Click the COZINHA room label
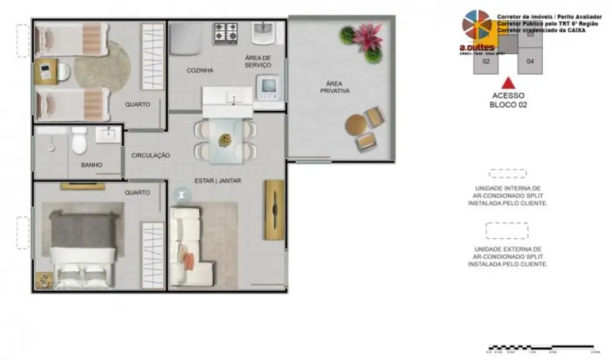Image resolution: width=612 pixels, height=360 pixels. (x=200, y=70)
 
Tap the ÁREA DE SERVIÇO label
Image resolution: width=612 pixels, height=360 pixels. (x=258, y=61)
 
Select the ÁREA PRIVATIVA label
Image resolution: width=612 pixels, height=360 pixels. (x=335, y=87)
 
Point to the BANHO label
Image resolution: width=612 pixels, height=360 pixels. (x=91, y=164)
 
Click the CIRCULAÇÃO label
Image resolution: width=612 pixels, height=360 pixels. (x=151, y=156)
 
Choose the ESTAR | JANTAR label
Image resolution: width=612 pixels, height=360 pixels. (x=218, y=181)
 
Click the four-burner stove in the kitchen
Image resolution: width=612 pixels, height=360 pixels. (x=226, y=33)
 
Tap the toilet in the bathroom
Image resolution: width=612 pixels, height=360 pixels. (x=79, y=142)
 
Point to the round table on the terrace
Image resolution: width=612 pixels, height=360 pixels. (x=356, y=125)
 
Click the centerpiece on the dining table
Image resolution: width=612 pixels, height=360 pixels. (x=225, y=139)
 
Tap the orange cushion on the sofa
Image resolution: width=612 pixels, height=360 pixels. (x=189, y=259)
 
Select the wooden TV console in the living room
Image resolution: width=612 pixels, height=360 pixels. (x=274, y=210)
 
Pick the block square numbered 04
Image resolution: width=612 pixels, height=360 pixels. (x=530, y=61)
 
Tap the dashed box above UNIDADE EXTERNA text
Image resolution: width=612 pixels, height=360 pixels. (x=507, y=230)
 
